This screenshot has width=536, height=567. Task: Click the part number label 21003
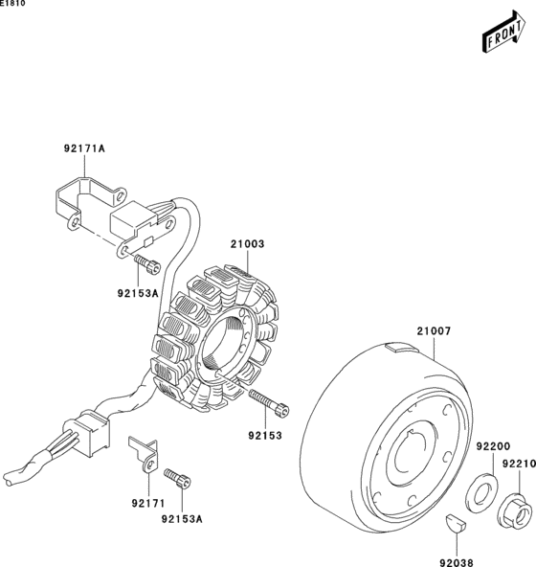tap(246, 244)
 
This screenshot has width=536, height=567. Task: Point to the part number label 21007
tap(433, 332)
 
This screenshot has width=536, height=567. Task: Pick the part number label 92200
tap(492, 446)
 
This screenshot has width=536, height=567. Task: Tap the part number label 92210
tap(518, 464)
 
